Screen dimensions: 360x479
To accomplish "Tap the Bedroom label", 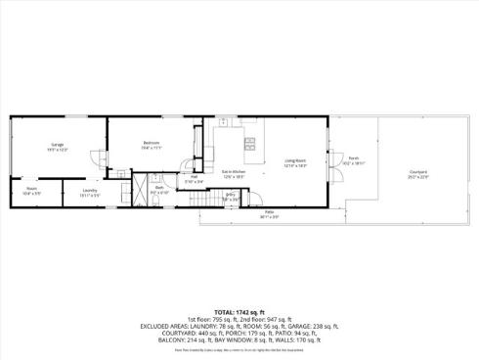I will tap(150, 144).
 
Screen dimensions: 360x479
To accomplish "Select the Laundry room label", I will tap(90, 190).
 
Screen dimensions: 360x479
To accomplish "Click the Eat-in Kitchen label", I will tap(233, 171).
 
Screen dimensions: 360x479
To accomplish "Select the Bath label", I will tap(157, 189).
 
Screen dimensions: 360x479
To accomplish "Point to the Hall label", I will tap(195, 177).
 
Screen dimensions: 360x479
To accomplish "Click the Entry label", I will tap(231, 194).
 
